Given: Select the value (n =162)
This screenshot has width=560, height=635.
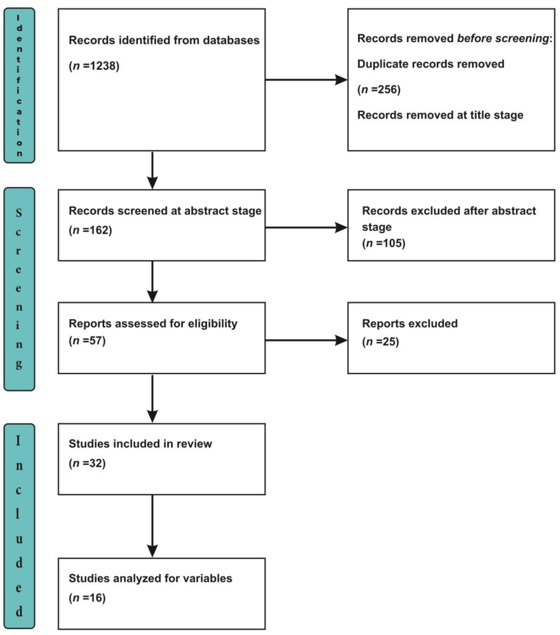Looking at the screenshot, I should point(90,230).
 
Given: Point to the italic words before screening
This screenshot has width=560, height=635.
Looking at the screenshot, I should point(503,39).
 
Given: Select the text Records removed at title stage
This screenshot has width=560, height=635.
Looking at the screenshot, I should point(440,115).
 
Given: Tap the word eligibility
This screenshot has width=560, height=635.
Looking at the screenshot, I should point(213,324).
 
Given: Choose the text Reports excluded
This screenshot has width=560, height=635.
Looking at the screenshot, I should point(410,324).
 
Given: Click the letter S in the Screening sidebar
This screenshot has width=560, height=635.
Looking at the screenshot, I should point(19,213).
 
